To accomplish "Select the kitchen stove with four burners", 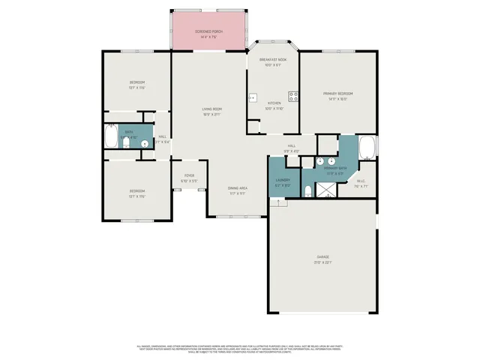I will pos(294,96).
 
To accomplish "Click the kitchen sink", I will pos(253,97).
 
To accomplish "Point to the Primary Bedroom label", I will pos(337,94).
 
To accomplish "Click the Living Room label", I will pos(211,109).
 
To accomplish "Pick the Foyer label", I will pos(189,175).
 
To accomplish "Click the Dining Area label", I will pos(238,188).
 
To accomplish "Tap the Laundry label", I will pos(283,180).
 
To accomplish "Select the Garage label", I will pos(323,256).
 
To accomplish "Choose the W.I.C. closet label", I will pos(361,181).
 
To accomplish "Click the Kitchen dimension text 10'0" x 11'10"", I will pos(274,109).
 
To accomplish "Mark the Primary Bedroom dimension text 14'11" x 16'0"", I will pos(337,99).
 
